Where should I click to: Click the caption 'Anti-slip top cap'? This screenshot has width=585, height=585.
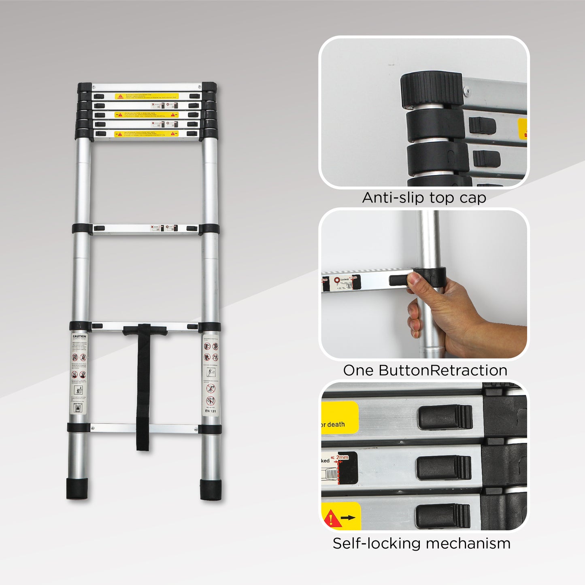point(424,198)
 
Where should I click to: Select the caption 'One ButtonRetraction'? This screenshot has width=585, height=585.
point(425,370)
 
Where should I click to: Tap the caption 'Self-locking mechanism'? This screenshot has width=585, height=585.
point(421,543)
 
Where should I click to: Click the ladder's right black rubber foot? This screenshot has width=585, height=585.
point(211,489)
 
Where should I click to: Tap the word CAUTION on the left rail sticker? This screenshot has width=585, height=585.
point(79,336)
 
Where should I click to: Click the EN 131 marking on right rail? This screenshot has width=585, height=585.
point(211,411)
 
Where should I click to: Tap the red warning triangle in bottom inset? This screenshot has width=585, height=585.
point(330,518)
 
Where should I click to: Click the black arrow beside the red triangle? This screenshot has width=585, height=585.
point(348,517)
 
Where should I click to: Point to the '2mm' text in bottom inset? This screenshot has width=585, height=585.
point(342,457)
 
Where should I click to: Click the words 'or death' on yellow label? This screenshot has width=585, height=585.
point(333,424)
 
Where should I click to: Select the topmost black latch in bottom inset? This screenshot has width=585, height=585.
point(445,417)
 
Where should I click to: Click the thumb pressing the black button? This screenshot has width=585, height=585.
point(414,278)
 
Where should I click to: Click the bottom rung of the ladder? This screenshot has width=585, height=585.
point(144,428)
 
